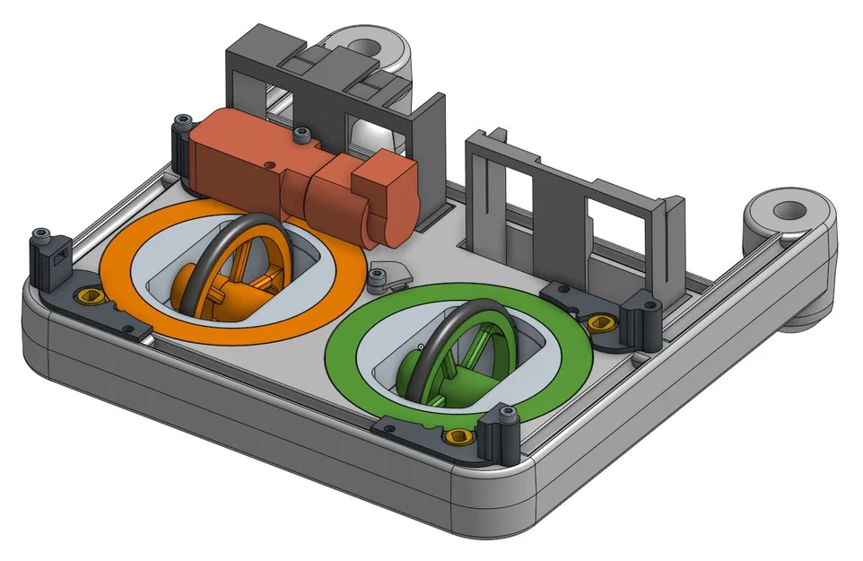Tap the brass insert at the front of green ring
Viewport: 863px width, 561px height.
pyautogui.click(x=458, y=437)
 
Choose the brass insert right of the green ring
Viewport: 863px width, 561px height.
pyautogui.click(x=599, y=322)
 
